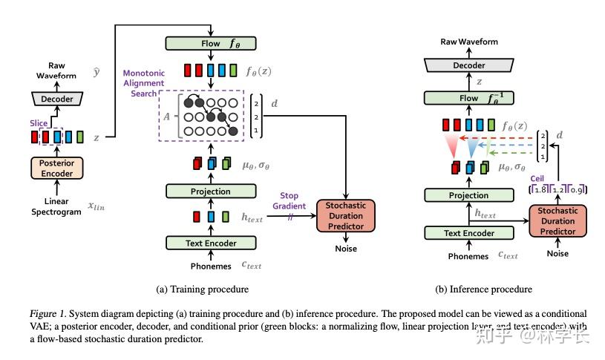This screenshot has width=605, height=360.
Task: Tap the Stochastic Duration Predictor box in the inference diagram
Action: (557, 220)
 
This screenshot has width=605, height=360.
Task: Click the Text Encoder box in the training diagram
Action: (211, 243)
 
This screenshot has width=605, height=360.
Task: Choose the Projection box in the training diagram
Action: (211, 192)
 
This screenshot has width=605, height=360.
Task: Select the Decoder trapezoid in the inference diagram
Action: (468, 65)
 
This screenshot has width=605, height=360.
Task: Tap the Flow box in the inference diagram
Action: (468, 97)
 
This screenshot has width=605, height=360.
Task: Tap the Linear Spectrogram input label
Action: (56, 206)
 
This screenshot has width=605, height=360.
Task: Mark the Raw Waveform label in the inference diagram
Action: (468, 42)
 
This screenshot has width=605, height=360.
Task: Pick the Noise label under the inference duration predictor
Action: (557, 254)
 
